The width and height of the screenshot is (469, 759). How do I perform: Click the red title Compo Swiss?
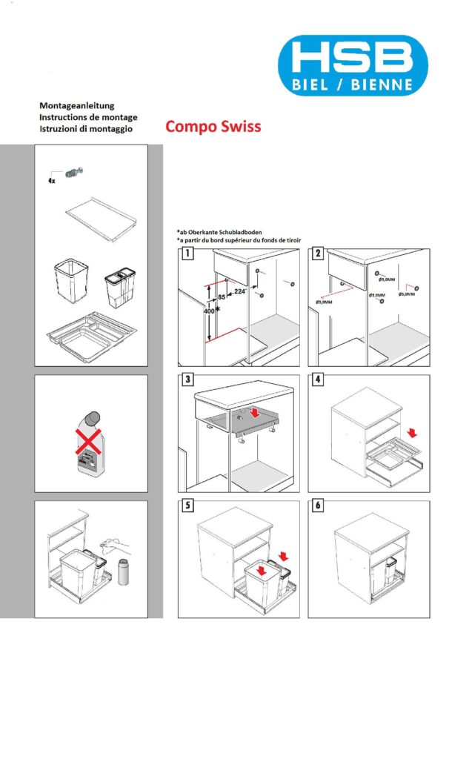(x=213, y=126)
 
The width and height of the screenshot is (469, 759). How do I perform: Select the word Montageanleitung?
(x=76, y=106)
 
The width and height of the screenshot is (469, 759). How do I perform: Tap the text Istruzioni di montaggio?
(x=86, y=129)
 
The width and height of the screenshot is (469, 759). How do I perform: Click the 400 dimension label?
(x=207, y=312)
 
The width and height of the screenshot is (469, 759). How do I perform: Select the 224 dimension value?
(x=239, y=291)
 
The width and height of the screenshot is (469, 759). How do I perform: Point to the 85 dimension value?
(x=220, y=298)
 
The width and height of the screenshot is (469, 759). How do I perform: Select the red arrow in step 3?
(x=255, y=411)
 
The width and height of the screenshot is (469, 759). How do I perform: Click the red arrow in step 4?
(x=413, y=431)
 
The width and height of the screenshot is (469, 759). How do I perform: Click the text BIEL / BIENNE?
(x=354, y=85)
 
